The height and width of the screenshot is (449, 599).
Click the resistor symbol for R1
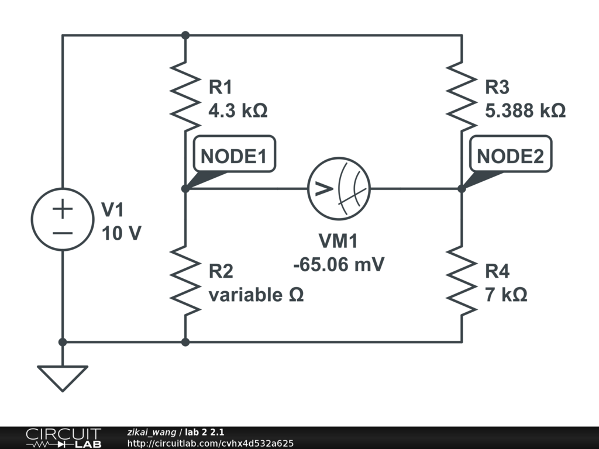click(x=185, y=96)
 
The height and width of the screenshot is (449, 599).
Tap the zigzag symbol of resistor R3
click(x=462, y=96)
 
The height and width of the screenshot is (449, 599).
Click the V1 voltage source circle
click(x=63, y=219)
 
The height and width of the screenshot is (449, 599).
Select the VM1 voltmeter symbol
click(x=339, y=188)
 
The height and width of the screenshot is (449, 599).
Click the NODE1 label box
click(x=233, y=156)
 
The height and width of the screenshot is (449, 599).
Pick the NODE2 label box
click(x=510, y=156)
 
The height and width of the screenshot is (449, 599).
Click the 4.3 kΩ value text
click(x=238, y=110)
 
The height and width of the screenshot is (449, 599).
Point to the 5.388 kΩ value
click(x=525, y=110)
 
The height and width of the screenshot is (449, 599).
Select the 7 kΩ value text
click(x=506, y=295)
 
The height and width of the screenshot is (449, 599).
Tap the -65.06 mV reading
click(x=339, y=264)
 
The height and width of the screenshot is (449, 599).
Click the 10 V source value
click(x=122, y=234)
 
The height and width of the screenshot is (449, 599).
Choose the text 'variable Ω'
click(x=256, y=295)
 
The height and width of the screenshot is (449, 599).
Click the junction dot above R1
click(x=185, y=35)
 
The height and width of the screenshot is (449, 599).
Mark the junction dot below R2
click(x=185, y=342)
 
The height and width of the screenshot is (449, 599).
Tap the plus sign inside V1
click(x=63, y=209)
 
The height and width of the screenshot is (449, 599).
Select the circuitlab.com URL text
click(x=210, y=444)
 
